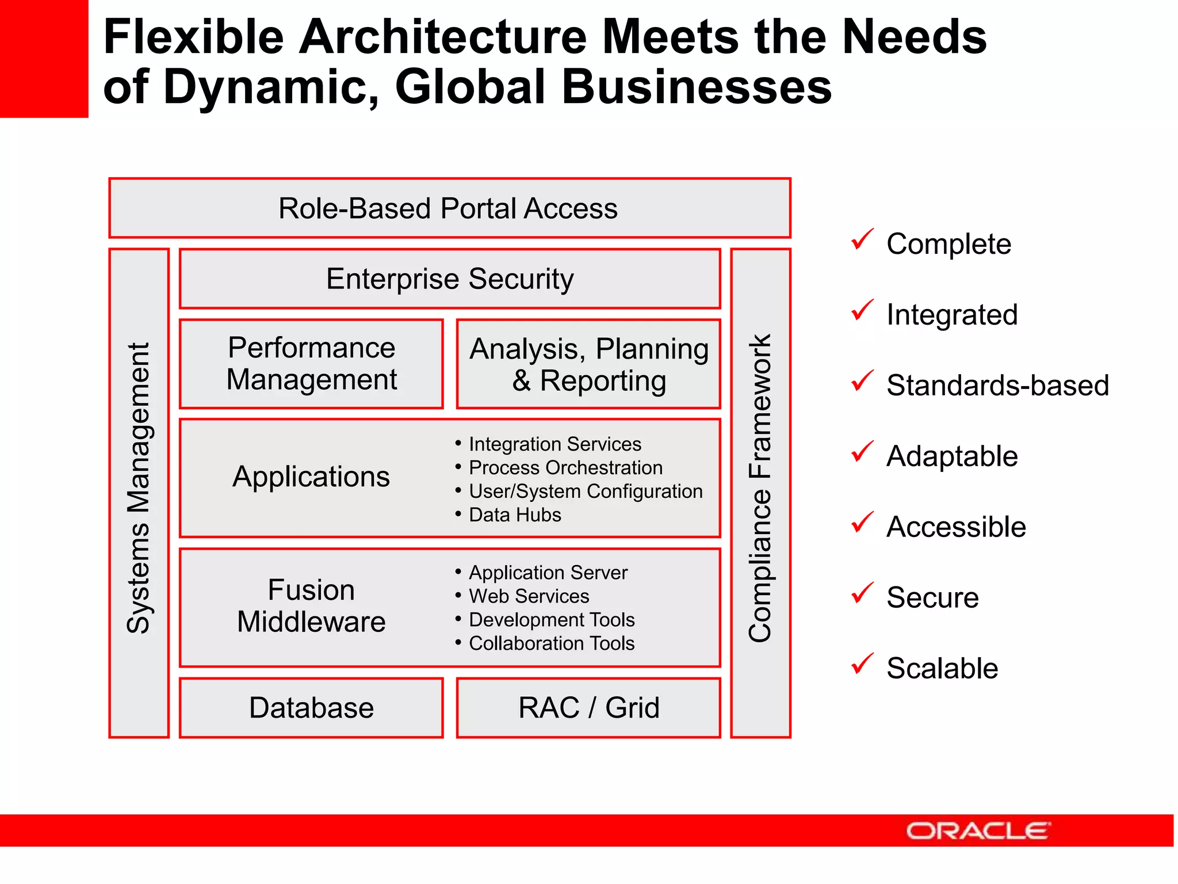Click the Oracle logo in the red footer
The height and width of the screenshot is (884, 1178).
tap(978, 830)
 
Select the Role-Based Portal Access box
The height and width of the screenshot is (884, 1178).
tap(449, 208)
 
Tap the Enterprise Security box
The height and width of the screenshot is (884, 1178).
tap(450, 279)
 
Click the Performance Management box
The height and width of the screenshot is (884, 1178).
tap(311, 364)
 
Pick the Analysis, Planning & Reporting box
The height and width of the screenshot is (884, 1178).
tap(588, 364)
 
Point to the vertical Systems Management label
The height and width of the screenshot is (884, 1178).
tap(139, 488)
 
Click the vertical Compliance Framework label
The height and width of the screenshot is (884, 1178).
tap(760, 488)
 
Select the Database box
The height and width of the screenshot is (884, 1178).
tap(311, 708)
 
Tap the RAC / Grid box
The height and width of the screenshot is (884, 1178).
tap(588, 708)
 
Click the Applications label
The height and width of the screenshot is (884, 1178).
tap(311, 477)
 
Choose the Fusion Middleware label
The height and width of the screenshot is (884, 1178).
tap(311, 606)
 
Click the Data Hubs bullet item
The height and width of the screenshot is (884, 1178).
tap(515, 515)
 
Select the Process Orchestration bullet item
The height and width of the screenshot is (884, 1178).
tap(565, 468)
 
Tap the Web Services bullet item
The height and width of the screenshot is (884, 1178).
tap(529, 596)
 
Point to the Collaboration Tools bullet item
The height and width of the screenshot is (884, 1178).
tap(551, 643)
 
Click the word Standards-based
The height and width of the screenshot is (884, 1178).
tap(997, 385)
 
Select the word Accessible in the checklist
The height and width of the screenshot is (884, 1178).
tap(956, 527)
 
